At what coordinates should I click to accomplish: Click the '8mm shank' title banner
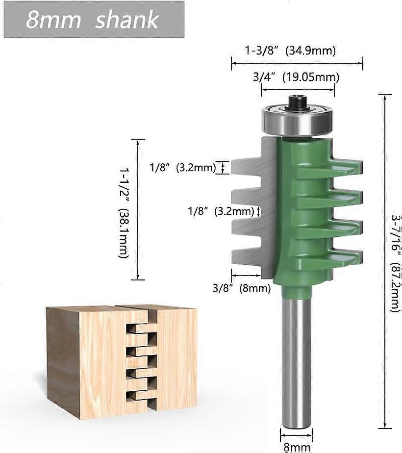point(93,20)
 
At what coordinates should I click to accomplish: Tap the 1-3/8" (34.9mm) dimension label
point(290,50)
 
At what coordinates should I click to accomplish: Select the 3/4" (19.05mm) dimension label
point(296,77)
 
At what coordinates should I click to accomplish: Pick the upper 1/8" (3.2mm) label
point(183,168)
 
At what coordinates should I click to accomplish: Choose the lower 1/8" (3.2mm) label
point(221,211)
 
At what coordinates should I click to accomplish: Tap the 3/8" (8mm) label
point(241,288)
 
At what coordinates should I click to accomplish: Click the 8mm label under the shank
point(297,447)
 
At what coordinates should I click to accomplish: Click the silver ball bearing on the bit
point(298,120)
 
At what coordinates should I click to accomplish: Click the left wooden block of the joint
point(88,363)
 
